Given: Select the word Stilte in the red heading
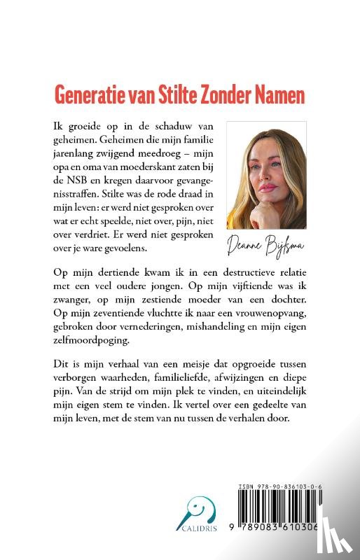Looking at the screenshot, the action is (169, 94).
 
